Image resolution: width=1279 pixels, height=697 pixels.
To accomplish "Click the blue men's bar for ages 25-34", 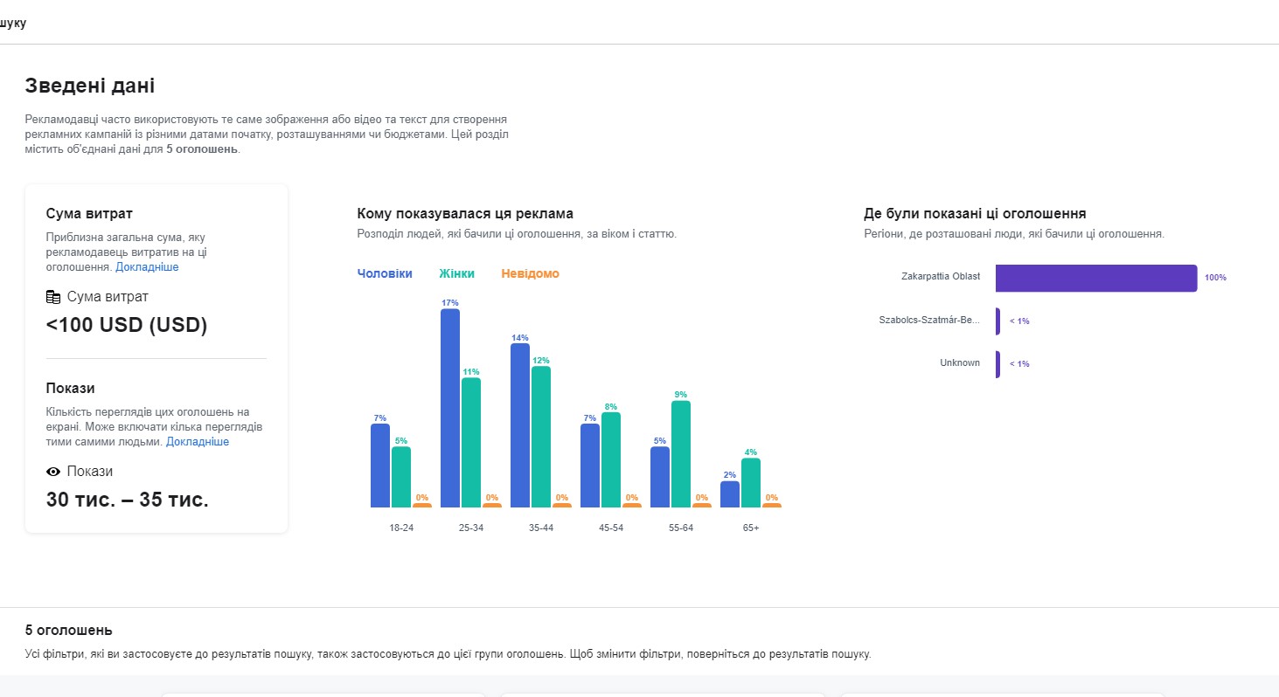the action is pos(450,408).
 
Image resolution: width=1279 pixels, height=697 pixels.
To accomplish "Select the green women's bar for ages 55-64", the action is pos(681,454).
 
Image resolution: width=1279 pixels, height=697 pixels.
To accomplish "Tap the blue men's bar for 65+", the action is pos(730,494).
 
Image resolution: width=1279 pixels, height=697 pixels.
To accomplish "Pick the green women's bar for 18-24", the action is pos(400,477).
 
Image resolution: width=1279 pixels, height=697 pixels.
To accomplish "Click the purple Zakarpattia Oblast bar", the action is pos(1096,278).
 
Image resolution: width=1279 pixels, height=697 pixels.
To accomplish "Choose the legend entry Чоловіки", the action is pos(385,273).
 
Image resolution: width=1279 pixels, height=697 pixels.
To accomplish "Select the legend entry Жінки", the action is pos(456,273).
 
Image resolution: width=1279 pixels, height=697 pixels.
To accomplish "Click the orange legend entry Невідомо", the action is pos(530,273).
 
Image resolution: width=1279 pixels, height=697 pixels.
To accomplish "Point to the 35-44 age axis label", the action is pos(541,528).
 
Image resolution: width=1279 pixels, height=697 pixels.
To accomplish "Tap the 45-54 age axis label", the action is pos(611,528).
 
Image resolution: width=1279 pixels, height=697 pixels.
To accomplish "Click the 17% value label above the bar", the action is pos(450,303).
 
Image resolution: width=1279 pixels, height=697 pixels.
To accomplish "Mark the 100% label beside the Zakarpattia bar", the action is pos(1216,278).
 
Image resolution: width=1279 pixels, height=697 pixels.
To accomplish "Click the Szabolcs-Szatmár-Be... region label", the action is pos(929,320).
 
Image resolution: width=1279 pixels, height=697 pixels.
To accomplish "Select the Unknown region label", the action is pos(960,362).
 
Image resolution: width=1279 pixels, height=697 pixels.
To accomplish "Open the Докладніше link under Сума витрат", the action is pos(147,267).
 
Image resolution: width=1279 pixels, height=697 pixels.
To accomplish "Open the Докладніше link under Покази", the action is pos(197,441).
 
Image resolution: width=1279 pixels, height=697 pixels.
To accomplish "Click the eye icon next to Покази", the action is pos(53,472).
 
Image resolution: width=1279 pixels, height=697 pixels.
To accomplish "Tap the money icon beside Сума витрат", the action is pos(53,297).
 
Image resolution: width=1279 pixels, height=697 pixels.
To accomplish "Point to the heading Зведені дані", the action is pos(90,86).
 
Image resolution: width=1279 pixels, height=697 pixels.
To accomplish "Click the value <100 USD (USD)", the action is pos(127,325).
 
